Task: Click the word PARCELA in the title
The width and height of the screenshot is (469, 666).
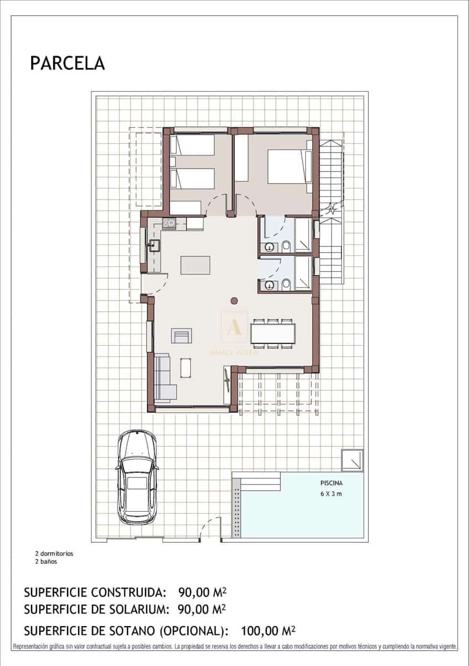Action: click(67, 63)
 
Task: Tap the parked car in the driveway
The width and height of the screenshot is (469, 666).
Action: click(137, 477)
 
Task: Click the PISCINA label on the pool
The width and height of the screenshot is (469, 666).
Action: click(332, 482)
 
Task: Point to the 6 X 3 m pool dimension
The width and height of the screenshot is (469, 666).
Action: click(332, 494)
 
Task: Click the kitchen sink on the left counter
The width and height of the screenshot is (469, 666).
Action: click(154, 245)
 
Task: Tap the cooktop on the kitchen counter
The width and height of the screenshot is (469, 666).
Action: click(169, 223)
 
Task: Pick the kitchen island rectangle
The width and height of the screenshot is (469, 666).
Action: click(195, 265)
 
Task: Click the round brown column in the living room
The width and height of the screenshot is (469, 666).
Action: click(234, 301)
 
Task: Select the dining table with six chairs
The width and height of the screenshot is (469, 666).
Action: click(272, 333)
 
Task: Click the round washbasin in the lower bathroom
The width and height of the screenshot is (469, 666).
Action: click(270, 285)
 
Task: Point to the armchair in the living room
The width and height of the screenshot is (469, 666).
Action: click(182, 335)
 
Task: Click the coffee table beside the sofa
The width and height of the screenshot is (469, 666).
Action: click(186, 367)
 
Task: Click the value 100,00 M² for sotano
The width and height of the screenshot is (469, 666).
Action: click(268, 630)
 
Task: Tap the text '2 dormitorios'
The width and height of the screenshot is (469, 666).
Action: click(54, 553)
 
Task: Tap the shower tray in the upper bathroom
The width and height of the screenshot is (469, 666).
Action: click(303, 235)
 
